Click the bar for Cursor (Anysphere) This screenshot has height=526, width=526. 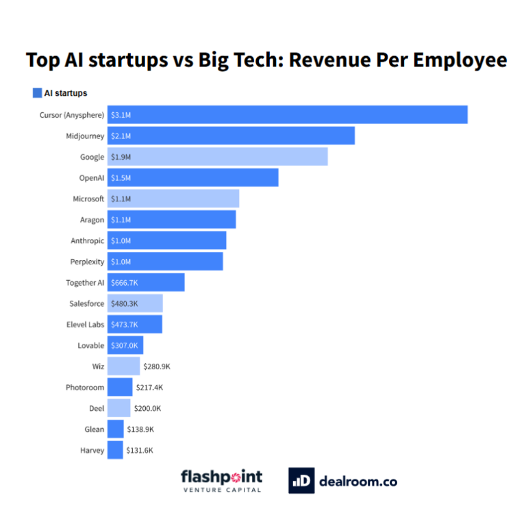[x=288, y=114]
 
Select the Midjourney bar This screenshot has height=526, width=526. [x=231, y=136]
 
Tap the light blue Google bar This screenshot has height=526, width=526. [x=217, y=157]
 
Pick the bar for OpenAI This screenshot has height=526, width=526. [x=192, y=177]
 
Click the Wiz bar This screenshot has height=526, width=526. [x=123, y=366]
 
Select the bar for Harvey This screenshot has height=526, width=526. [x=115, y=450]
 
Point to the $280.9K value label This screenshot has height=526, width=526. [x=157, y=366]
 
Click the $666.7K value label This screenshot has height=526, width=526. [x=125, y=283]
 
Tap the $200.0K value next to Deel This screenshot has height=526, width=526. [x=147, y=408]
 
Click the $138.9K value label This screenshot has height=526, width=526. [x=140, y=429]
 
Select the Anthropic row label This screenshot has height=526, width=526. [x=87, y=240]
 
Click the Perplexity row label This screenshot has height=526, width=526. [x=87, y=262]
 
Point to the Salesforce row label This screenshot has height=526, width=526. [x=86, y=303]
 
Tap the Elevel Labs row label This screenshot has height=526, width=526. [x=85, y=325]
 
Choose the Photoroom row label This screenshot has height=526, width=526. [x=85, y=388]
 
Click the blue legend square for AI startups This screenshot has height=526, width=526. [x=37, y=93]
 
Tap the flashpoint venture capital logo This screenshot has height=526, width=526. [x=221, y=480]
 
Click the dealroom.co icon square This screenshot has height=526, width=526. [x=301, y=481]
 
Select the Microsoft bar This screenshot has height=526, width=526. [x=173, y=199]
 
